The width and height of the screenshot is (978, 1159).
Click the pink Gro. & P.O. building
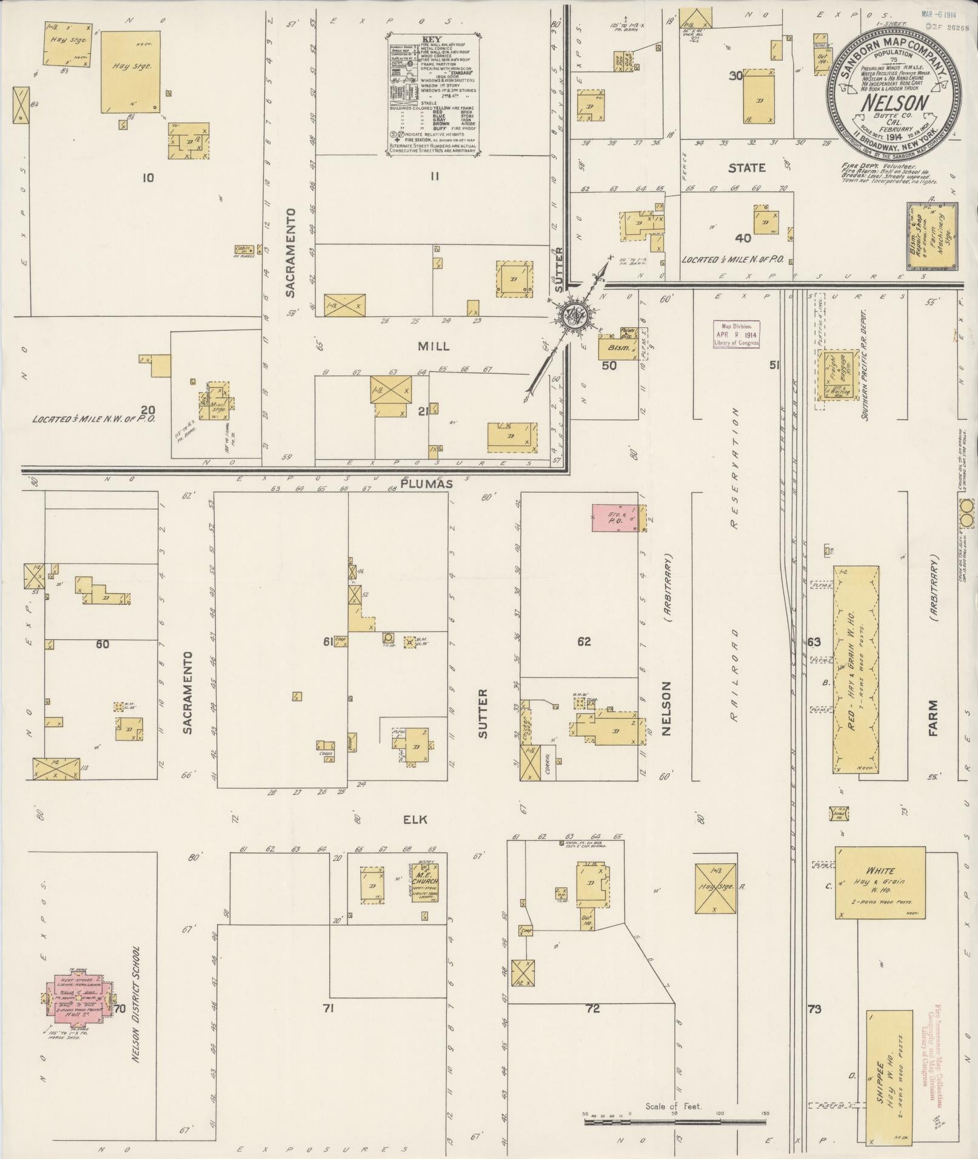615,519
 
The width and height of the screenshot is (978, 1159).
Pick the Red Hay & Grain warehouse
856,668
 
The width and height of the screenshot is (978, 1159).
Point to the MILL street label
434,346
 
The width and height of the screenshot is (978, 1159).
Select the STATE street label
746,168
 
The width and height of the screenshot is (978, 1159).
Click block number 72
592,1008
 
